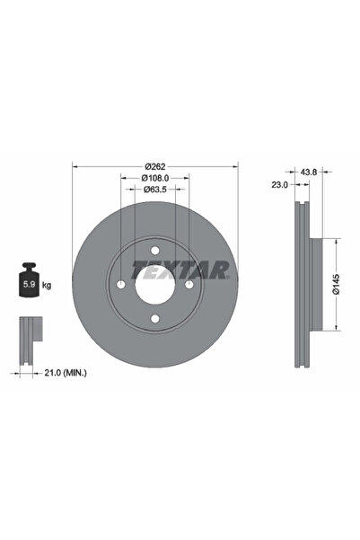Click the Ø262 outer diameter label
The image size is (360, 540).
coord(155,167)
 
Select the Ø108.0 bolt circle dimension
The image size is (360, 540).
coord(155,178)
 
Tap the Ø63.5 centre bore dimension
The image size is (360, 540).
coord(155,190)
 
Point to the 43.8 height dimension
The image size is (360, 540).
coord(309,172)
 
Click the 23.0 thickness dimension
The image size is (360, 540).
coord(279,185)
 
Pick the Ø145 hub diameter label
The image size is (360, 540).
coord(337,284)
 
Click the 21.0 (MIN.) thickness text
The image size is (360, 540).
coord(66,373)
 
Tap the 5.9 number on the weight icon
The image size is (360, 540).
coord(28,285)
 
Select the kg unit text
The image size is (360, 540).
coord(47,285)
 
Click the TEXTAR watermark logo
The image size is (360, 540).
coord(180,270)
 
